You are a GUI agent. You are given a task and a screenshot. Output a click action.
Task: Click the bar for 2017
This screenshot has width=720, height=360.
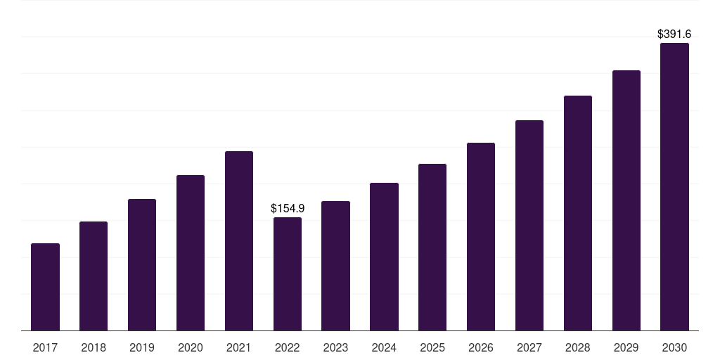[45, 287]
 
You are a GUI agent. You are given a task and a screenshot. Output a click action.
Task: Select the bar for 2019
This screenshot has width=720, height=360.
[142, 264]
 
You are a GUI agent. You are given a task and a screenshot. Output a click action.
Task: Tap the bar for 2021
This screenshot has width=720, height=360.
[239, 240]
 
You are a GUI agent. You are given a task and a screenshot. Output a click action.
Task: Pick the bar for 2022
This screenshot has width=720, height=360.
[288, 274]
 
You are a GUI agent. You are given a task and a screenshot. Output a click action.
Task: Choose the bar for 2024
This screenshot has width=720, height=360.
[384, 257]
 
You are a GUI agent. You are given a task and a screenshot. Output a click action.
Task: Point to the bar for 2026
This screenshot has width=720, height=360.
[481, 236]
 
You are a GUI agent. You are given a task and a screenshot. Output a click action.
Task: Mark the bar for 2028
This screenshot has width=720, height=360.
[578, 213]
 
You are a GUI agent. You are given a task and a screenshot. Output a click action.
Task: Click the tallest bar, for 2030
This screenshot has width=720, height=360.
[674, 186]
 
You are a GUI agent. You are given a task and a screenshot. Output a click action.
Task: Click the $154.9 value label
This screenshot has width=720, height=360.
[288, 208]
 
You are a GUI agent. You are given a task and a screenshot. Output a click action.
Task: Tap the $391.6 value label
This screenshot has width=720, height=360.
[674, 34]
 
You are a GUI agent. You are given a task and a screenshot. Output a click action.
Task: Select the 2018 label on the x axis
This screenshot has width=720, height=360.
[94, 347]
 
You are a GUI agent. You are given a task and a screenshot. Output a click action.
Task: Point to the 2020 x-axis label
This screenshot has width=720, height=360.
[191, 347]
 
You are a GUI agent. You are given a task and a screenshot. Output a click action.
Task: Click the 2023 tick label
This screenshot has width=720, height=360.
[335, 347]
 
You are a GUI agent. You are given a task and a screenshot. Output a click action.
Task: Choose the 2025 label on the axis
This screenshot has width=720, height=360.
[432, 347]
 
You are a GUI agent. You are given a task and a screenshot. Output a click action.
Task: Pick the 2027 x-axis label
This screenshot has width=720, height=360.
[529, 347]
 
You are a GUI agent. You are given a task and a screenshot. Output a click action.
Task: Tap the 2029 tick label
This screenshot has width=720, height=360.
[626, 347]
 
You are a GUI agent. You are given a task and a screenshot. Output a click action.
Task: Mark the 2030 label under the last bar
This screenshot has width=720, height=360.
[674, 347]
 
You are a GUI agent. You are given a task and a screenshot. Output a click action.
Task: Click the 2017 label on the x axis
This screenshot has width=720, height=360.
[45, 347]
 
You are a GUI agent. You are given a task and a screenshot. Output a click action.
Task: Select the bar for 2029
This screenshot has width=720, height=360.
[626, 200]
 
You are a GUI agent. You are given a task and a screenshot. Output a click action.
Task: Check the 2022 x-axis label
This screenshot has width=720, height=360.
[288, 347]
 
